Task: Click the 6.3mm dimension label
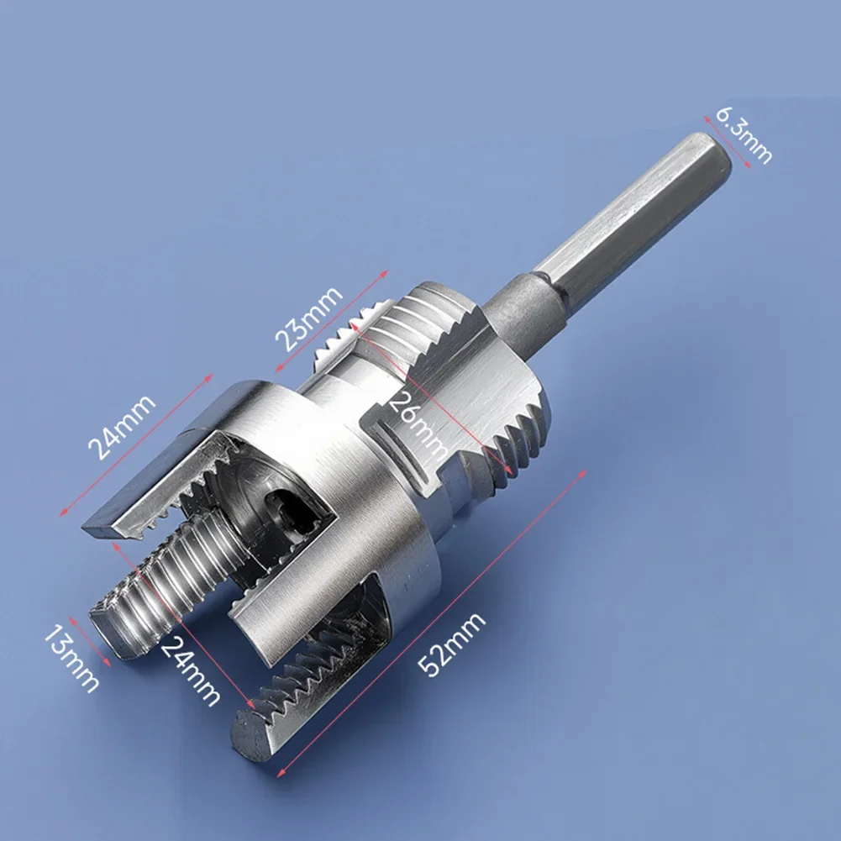(744, 136)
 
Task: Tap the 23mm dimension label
(308, 318)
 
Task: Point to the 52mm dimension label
(452, 644)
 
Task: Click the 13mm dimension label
(71, 659)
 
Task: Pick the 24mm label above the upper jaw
(122, 428)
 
